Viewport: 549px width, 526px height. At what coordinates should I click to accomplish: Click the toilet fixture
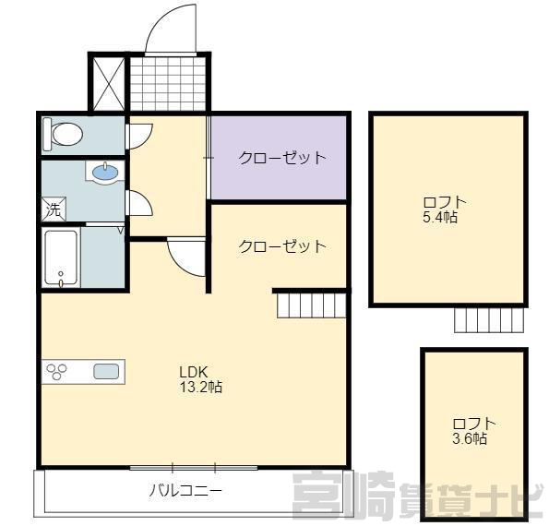point(63,134)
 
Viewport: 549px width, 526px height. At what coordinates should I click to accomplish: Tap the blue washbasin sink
point(105,172)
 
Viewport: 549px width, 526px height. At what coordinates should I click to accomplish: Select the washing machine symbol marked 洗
point(54,209)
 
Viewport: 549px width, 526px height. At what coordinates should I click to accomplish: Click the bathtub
point(61,257)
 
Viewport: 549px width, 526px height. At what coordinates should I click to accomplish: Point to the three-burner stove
point(57,372)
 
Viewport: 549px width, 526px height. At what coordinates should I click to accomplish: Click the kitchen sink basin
point(106,371)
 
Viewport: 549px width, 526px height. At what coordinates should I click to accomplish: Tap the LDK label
point(194,372)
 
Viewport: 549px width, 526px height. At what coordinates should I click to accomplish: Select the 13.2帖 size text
point(200,387)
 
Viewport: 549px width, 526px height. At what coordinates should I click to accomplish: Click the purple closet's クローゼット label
point(281,158)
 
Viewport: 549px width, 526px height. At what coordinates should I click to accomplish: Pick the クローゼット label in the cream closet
point(281,246)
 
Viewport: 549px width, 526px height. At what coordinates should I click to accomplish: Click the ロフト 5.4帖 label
point(445,209)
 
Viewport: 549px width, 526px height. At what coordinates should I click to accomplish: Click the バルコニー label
point(185,490)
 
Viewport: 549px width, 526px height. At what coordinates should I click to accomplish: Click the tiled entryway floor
point(168,84)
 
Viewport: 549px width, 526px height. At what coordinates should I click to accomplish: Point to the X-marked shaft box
point(108,84)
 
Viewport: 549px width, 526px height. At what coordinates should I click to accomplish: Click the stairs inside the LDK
point(311,305)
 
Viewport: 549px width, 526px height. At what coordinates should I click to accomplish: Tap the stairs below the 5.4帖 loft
point(489,320)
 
